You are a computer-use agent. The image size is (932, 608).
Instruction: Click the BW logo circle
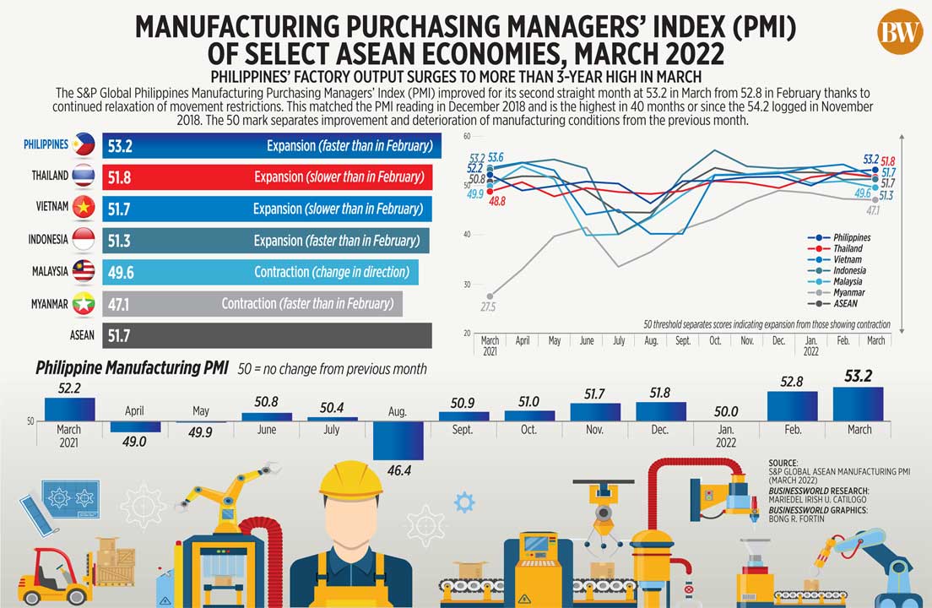pyautogui.click(x=900, y=32)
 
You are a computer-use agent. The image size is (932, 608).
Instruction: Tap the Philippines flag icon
pyautogui.click(x=84, y=145)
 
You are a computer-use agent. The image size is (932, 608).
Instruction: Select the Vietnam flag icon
pyautogui.click(x=84, y=208)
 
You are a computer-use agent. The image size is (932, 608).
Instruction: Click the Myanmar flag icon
pyautogui.click(x=84, y=303)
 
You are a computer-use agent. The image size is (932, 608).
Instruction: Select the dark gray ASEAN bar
pyautogui.click(x=267, y=335)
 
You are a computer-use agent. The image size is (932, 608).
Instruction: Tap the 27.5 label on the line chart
pyautogui.click(x=488, y=307)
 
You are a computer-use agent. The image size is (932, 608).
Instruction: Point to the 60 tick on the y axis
pyautogui.click(x=467, y=135)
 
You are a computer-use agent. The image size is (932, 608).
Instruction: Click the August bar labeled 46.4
pyautogui.click(x=398, y=440)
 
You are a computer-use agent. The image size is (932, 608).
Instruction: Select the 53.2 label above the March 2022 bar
pyautogui.click(x=859, y=376)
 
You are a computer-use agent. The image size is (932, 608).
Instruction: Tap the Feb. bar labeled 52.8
pyautogui.click(x=792, y=406)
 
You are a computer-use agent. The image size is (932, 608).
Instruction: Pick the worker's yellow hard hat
pyautogui.click(x=350, y=479)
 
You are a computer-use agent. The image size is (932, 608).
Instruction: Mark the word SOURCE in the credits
pyautogui.click(x=783, y=463)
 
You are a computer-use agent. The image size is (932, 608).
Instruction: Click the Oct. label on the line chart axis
pyautogui.click(x=716, y=341)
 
